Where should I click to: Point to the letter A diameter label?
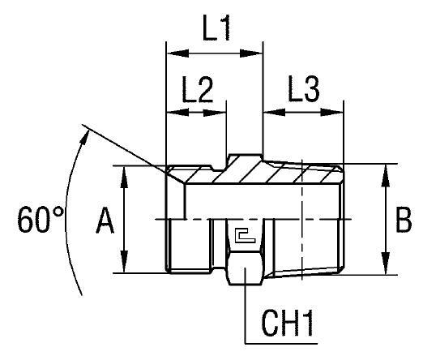point(104,221)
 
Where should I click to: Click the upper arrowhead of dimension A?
point(124,174)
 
